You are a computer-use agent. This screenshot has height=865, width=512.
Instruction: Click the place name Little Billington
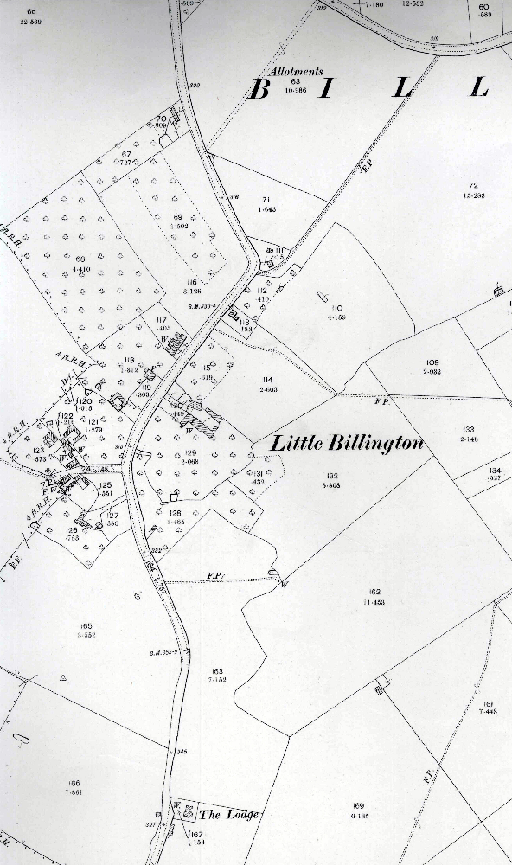348,444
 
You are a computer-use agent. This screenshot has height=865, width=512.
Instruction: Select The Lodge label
228,815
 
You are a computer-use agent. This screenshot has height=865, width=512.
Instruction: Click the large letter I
325,89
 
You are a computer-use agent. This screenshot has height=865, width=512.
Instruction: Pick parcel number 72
472,185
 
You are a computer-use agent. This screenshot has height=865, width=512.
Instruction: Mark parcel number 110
337,308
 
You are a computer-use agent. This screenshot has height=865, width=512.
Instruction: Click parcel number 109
433,362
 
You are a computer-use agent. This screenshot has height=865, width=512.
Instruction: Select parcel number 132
331,477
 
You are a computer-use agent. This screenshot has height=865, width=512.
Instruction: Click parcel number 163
216,670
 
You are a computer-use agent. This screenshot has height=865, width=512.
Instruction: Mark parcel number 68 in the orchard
81,259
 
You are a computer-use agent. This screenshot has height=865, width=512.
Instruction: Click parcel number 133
469,429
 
